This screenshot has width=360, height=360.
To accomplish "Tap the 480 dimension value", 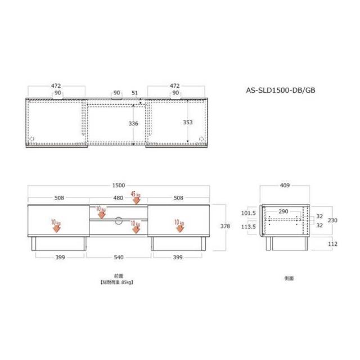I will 118,197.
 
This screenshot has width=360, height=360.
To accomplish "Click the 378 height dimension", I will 224,226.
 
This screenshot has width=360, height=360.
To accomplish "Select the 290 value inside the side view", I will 283,211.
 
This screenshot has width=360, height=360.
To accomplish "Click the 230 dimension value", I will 332,220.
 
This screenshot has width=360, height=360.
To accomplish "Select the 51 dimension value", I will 134,93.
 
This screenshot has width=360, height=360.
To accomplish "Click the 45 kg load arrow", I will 136,197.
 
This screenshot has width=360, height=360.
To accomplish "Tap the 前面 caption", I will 118,276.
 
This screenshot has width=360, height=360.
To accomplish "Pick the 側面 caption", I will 289,278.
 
